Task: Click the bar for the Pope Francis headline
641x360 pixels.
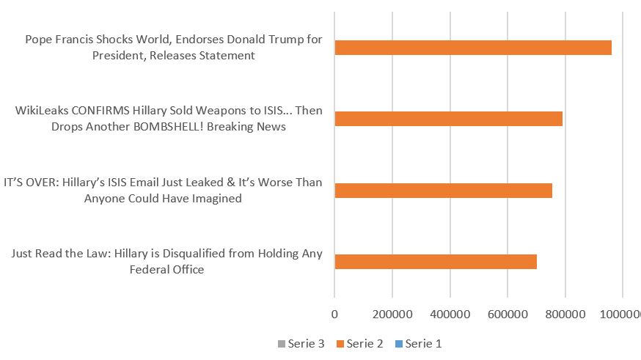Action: [x=473, y=48]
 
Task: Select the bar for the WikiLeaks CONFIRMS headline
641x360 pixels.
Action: [x=449, y=119]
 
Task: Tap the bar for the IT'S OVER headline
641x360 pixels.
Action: [x=444, y=191]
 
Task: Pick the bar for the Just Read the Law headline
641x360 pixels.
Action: [x=436, y=261]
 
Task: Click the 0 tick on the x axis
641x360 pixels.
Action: [x=334, y=314]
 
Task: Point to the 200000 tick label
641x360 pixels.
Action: [x=392, y=314]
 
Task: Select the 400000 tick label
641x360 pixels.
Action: [x=450, y=314]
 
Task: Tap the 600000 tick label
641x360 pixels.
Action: [x=508, y=314]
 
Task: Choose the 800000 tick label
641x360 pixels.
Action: [x=565, y=314]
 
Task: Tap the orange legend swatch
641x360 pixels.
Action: [x=340, y=343]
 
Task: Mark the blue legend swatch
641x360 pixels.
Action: [x=399, y=343]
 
